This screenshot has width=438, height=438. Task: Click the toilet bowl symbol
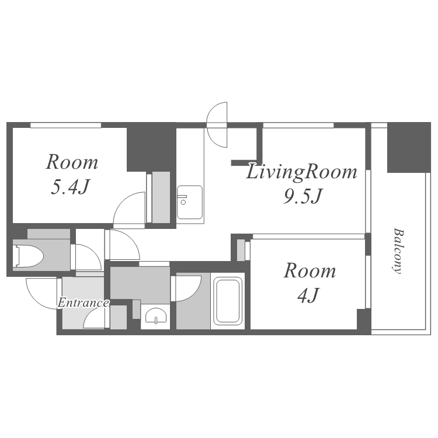click(29, 256)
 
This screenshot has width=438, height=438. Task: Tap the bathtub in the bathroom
click(228, 301)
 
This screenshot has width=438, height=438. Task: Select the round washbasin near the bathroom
click(156, 316)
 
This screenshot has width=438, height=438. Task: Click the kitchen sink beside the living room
click(190, 202)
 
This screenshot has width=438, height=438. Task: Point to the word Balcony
click(398, 251)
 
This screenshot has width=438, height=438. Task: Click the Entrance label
click(83, 303)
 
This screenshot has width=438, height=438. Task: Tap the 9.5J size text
click(303, 196)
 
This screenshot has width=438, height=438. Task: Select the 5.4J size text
click(70, 187)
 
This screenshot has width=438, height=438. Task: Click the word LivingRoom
click(302, 172)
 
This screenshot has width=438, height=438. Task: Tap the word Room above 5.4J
click(72, 162)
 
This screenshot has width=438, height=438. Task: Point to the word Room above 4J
click(310, 270)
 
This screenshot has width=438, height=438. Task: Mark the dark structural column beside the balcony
click(409, 147)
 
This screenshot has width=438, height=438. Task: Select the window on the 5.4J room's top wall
click(65, 125)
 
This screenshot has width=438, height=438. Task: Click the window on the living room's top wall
click(298, 125)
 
